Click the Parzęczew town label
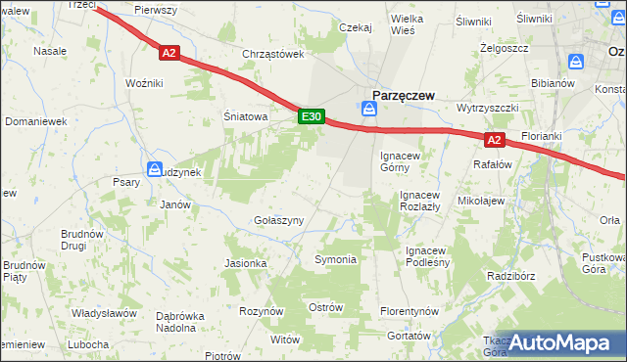point(401,95)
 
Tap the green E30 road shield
point(311,117)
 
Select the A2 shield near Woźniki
point(169,54)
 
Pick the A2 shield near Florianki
point(494,140)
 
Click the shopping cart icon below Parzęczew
point(368,111)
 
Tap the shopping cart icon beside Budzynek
point(155,169)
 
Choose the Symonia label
point(335,259)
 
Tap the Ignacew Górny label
point(401,160)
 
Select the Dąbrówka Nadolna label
point(179,322)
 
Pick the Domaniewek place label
point(35,121)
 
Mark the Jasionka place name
point(246,263)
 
